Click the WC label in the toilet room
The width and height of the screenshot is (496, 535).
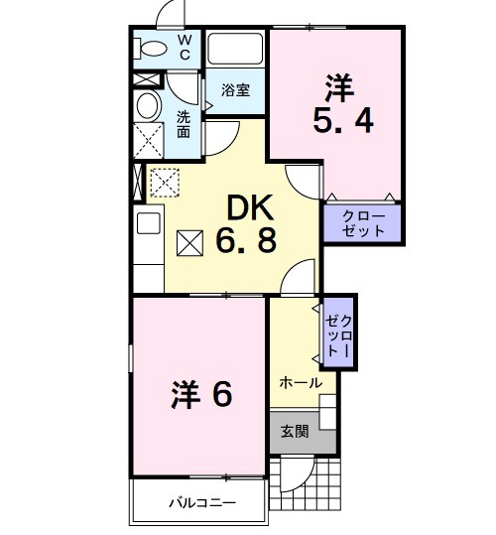(185, 47)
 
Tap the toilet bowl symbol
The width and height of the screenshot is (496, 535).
(152, 47)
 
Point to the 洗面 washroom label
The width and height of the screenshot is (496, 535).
(184, 123)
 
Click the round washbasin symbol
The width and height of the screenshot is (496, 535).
(148, 106)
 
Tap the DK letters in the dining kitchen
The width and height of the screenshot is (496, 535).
(251, 207)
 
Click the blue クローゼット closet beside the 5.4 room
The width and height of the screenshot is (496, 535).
(363, 222)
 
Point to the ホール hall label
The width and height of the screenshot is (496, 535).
(299, 382)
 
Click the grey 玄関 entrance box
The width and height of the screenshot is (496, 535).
(293, 431)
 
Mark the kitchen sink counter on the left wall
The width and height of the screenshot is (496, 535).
(148, 238)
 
